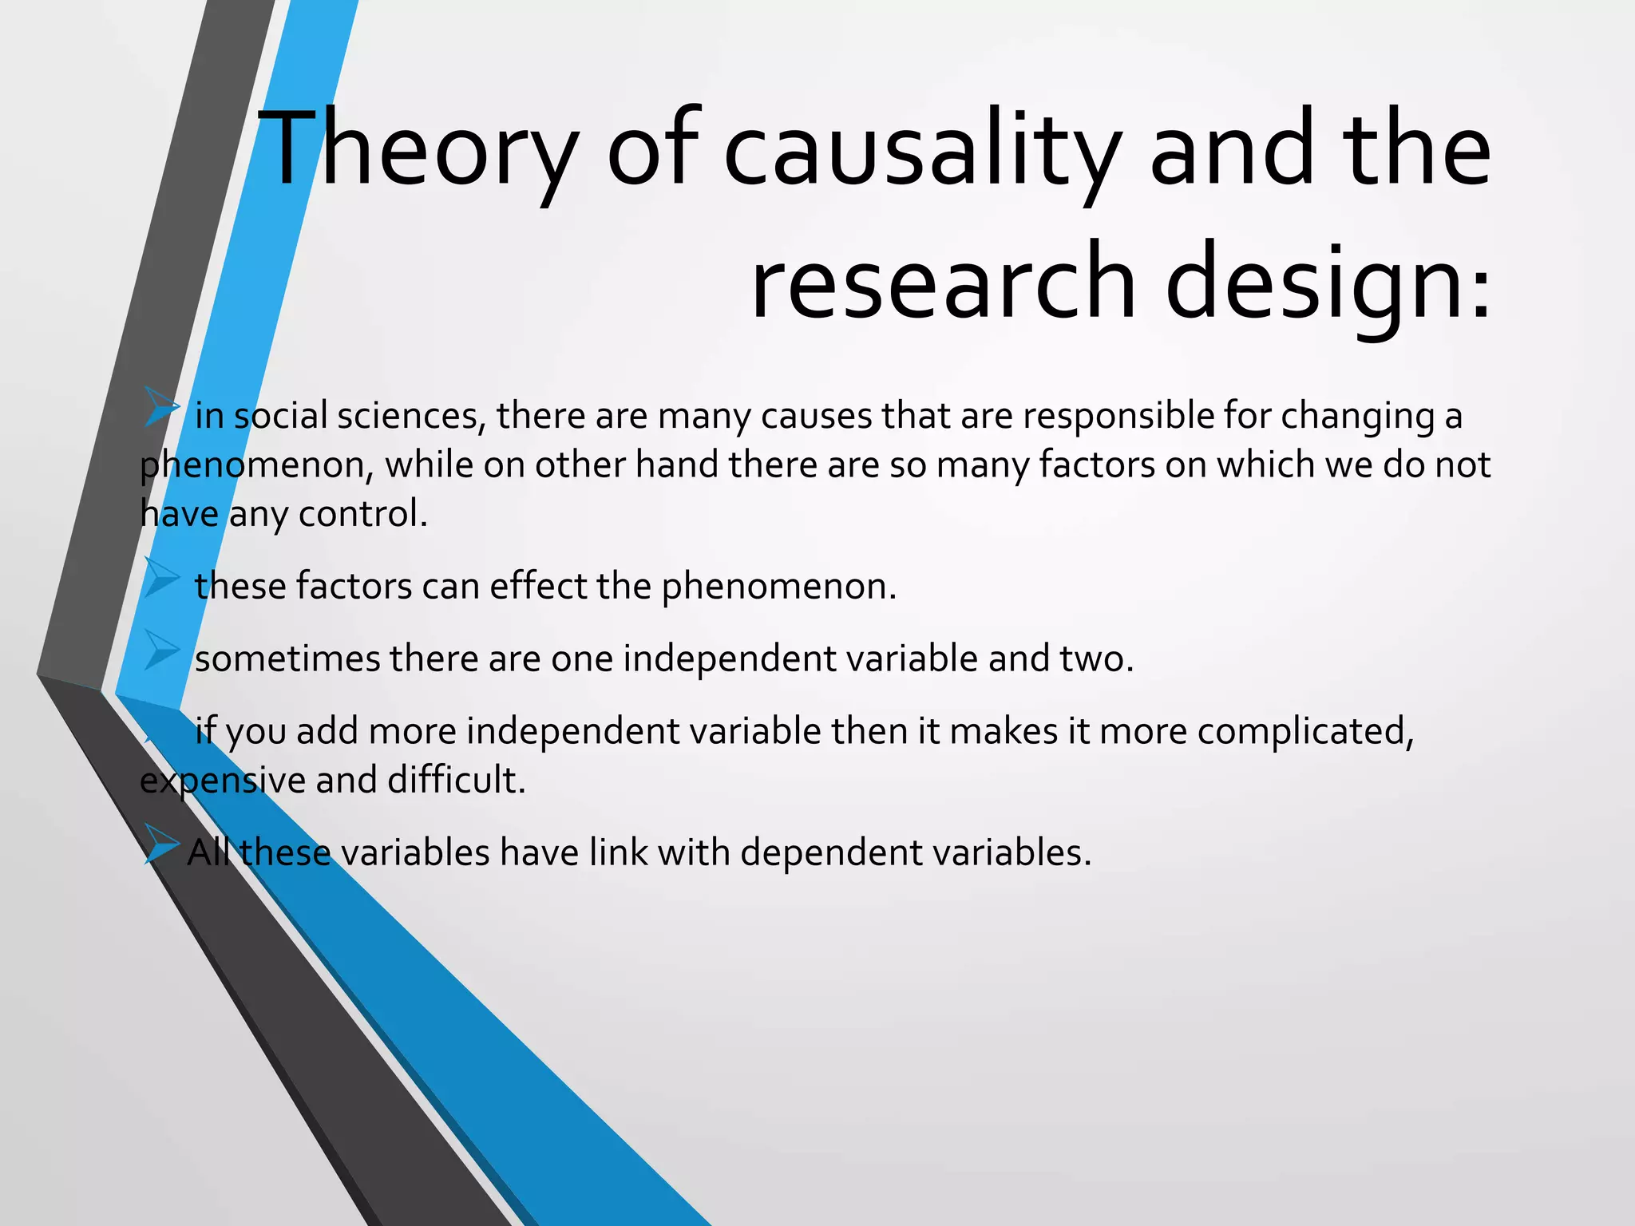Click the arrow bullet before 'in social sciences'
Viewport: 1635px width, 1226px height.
click(x=162, y=408)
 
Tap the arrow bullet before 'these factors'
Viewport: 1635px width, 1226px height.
click(x=162, y=578)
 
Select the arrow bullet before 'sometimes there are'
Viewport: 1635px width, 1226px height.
click(x=162, y=651)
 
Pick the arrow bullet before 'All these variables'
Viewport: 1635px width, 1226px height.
click(x=162, y=845)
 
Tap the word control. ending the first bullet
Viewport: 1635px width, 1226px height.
click(x=363, y=513)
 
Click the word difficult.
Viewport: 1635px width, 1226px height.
click(x=457, y=780)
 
